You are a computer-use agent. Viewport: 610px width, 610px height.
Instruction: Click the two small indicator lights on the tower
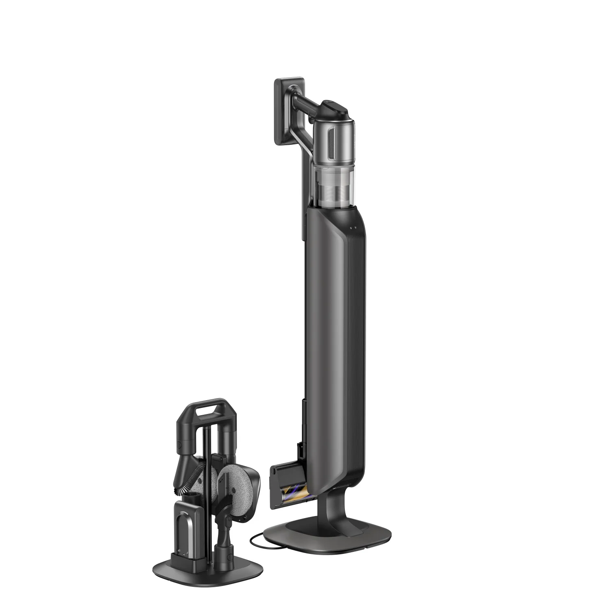coord(353,228)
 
